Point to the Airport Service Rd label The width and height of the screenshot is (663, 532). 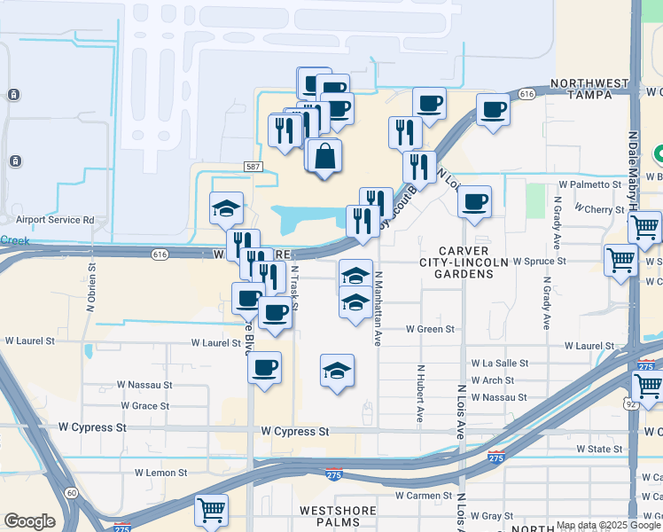(x=55, y=220)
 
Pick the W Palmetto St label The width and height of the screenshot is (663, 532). (x=590, y=184)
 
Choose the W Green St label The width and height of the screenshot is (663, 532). (x=430, y=329)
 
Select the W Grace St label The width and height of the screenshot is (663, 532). (x=144, y=406)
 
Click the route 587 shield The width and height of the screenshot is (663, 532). (x=253, y=167)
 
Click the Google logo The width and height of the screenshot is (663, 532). (x=29, y=521)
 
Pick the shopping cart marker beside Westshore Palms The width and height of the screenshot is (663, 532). (x=212, y=510)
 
